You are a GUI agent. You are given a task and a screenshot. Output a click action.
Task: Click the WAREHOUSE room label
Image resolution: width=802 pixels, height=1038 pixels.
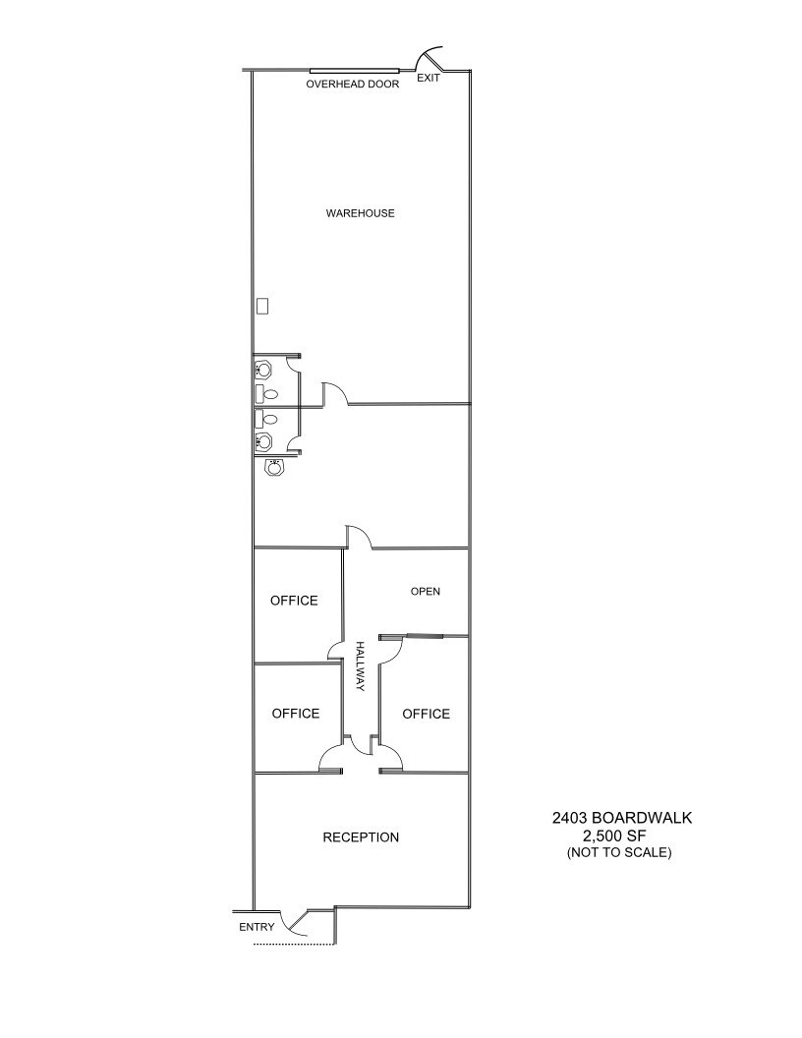coord(360,213)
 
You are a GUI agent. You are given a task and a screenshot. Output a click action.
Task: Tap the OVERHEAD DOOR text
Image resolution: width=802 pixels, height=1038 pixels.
coord(353,85)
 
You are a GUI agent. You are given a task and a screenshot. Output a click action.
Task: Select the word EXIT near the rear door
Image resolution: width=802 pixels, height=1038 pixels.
coord(429,78)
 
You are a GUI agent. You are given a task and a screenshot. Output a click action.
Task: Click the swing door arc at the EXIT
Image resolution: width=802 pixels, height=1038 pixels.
coord(432,57)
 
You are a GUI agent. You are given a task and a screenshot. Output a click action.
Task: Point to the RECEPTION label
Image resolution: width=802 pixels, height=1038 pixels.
coord(361,837)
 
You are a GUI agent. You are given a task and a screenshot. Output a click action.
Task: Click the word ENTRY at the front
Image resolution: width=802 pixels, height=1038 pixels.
coord(257,927)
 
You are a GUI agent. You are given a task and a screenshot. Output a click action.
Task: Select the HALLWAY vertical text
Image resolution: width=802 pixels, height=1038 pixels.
coord(360,666)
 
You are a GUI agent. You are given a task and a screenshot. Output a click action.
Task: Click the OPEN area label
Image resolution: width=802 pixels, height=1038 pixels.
coord(425,592)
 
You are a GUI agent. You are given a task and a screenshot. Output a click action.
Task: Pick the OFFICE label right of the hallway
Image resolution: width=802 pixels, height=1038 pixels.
coord(426,714)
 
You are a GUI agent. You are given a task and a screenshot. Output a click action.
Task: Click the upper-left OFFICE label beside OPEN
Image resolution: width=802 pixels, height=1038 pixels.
coord(294,601)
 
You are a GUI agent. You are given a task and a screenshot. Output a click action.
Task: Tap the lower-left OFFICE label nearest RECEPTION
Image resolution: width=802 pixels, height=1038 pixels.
coord(296,714)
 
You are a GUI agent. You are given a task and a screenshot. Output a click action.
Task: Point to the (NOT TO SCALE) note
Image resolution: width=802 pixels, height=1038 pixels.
coord(619,852)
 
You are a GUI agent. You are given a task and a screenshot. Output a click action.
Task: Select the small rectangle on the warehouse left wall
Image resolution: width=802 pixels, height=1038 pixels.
coord(262,306)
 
